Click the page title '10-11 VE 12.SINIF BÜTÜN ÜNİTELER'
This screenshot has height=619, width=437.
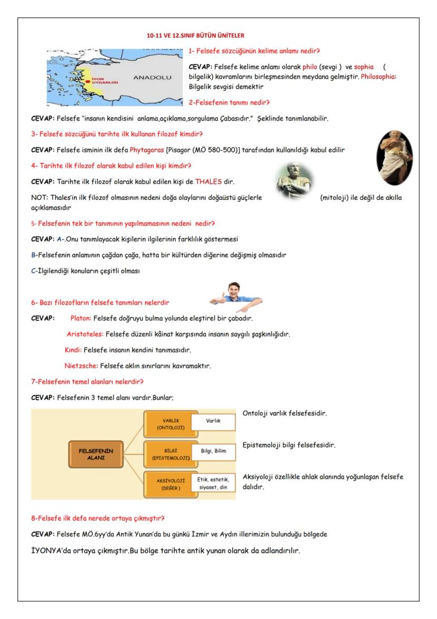(195, 36)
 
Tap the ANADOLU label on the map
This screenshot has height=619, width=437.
(151, 77)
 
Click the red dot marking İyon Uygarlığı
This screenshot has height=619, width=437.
(88, 81)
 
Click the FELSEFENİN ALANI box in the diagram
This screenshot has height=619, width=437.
(96, 454)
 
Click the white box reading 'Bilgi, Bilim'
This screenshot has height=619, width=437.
(213, 450)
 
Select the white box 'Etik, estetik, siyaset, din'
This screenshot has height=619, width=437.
(213, 483)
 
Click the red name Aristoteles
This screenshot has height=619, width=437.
(84, 334)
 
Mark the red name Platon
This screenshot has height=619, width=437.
(81, 318)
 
